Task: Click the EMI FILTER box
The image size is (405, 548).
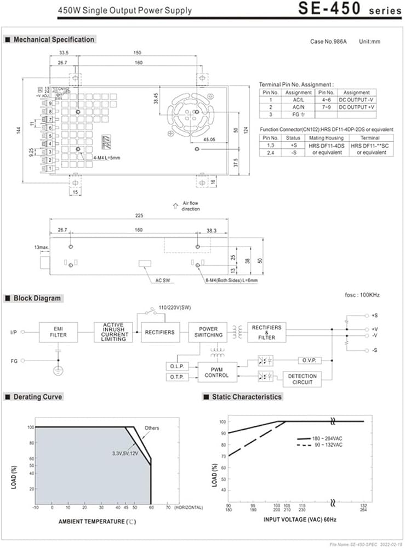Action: pos(59,332)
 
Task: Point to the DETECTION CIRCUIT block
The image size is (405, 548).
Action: pos(301,379)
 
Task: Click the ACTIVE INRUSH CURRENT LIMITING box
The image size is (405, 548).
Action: pos(113,332)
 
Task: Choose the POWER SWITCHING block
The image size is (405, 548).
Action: pos(208,332)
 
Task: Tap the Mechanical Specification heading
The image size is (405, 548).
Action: pos(53,39)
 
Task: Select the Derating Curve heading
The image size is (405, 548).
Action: pos(37,396)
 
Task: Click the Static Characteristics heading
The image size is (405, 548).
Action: pos(246,396)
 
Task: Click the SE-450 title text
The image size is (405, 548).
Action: pos(329,9)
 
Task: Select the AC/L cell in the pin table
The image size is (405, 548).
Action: pos(298,100)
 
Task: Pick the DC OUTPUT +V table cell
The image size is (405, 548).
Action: pos(356,107)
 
